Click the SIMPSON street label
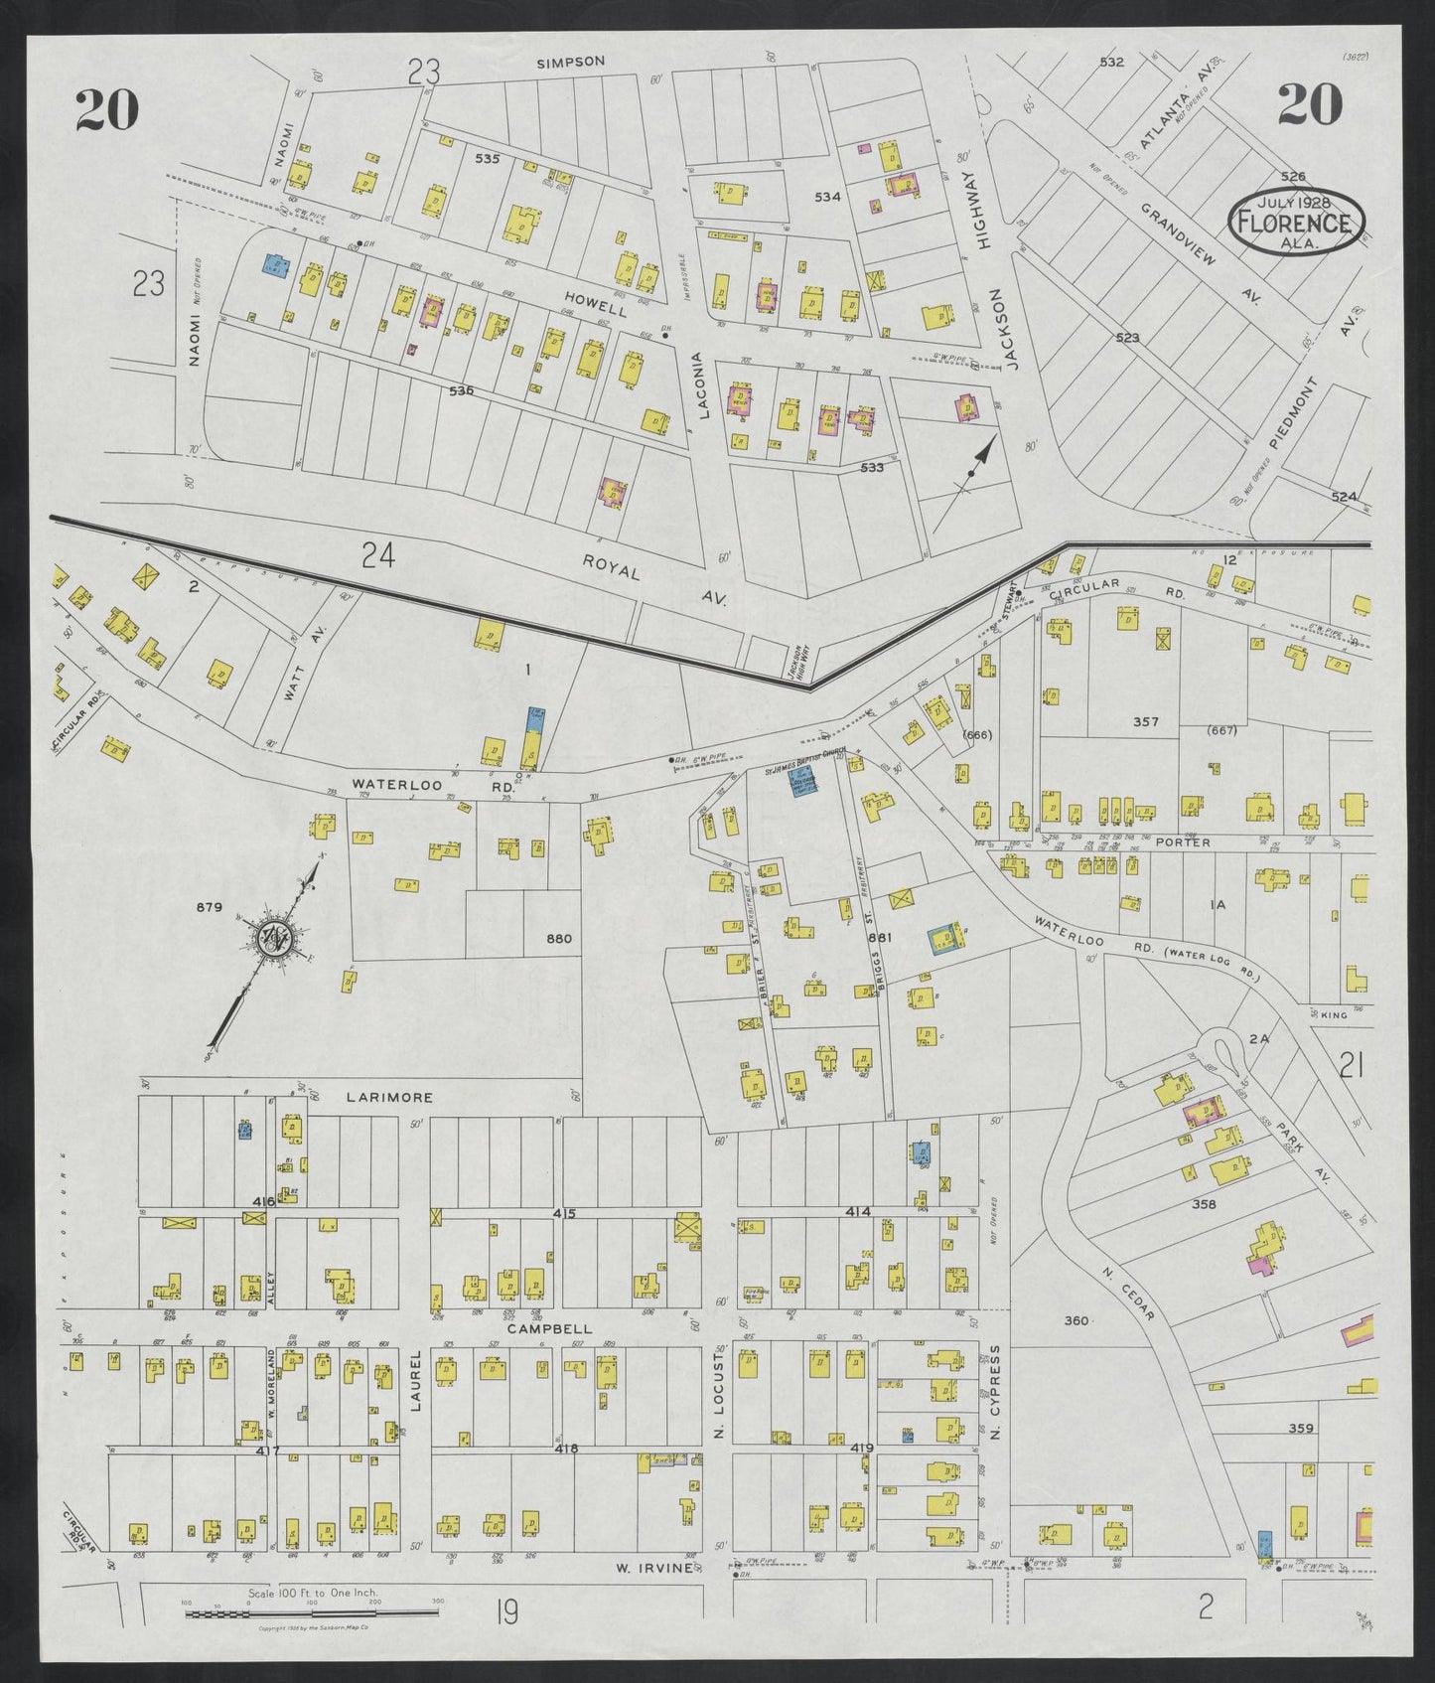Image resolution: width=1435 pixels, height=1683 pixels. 570,62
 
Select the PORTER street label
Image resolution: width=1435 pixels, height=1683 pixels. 1183,842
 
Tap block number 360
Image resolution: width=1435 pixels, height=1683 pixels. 1076,1320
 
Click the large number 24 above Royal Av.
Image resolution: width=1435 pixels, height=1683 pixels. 378,556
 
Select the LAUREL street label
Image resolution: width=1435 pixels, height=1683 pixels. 417,1384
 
